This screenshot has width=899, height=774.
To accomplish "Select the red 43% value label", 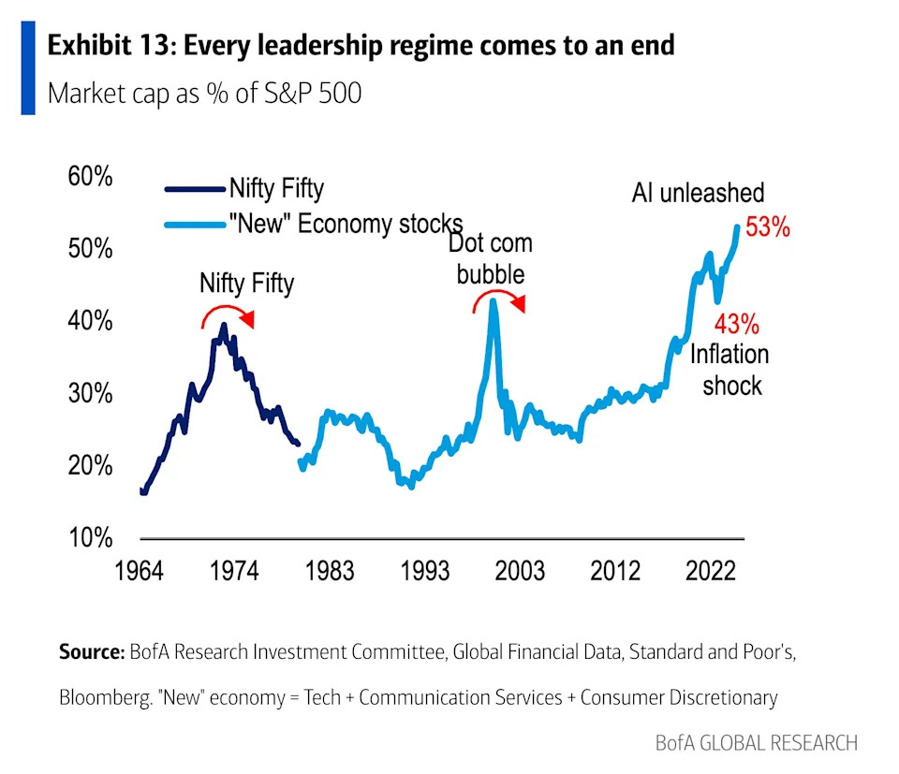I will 736,325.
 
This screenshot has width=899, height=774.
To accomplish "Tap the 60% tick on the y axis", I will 90,178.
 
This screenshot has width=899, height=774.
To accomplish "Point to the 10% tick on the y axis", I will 90,538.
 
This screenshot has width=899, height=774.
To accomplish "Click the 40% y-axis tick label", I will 90,322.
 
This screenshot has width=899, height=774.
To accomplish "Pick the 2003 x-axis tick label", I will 518,571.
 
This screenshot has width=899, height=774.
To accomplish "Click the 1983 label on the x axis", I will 328,571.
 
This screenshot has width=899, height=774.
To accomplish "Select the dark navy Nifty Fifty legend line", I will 196,189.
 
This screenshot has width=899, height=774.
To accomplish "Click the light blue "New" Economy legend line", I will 196,225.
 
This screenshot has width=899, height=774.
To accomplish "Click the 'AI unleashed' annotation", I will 698,193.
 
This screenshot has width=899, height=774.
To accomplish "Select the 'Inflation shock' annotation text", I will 730,370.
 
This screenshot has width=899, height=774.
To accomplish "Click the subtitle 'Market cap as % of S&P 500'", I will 204,94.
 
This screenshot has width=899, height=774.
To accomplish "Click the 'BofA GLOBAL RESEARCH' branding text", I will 756,743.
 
